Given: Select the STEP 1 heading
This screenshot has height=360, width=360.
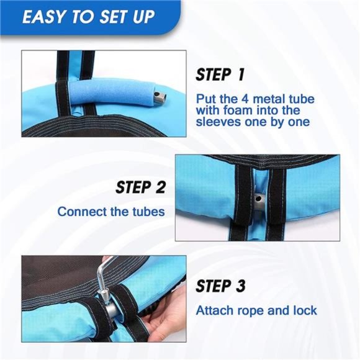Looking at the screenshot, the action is tap(220, 74).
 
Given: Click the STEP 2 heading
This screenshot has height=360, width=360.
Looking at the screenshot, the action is tap(140, 187).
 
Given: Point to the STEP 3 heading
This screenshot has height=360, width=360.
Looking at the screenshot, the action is tap(220, 286).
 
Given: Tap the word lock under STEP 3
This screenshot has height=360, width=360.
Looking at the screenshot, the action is tap(305, 310).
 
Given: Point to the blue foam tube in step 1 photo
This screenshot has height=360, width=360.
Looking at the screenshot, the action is tap(112, 92).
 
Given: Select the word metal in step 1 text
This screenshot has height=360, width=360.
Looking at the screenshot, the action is tap(268, 99).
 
